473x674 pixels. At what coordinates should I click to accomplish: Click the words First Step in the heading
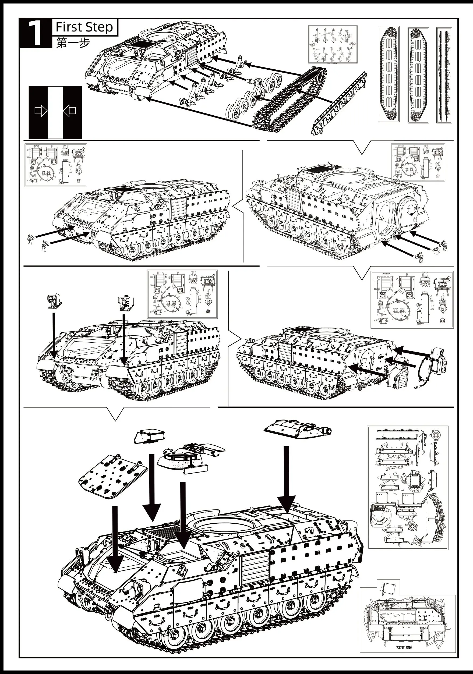(84, 27)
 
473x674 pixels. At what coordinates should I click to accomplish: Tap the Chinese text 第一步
(73, 43)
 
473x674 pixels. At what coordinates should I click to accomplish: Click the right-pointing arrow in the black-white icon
(41, 111)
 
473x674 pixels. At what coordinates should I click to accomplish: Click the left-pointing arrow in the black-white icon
(70, 111)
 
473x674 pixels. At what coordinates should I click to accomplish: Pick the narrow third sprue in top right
(444, 75)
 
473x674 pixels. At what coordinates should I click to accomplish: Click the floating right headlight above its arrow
(126, 303)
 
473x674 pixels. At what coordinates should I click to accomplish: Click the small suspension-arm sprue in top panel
(333, 44)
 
